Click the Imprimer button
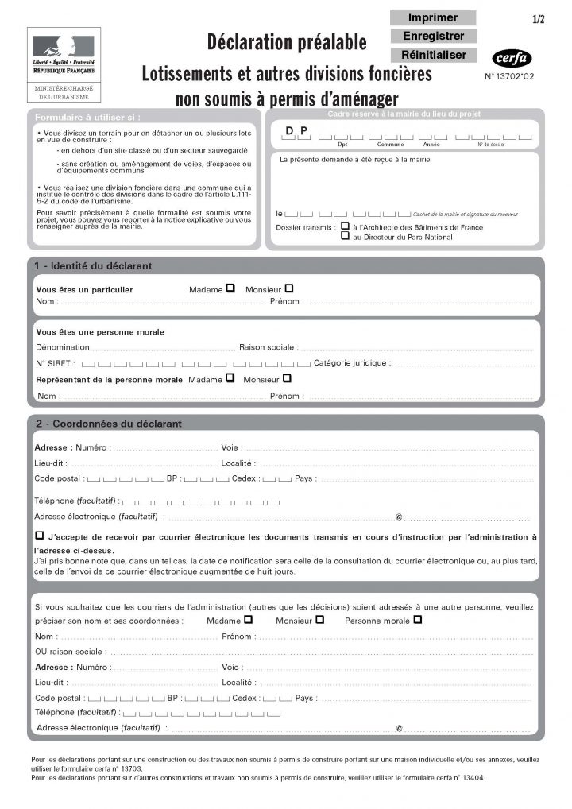click(433, 17)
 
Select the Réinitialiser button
click(433, 55)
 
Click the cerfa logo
click(512, 58)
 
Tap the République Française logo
click(63, 53)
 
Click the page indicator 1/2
click(539, 19)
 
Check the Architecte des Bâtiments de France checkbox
click(345, 226)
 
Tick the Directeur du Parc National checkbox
click(345, 237)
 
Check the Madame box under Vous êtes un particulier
click(230, 288)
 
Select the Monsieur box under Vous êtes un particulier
click(289, 288)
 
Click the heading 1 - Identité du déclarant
click(94, 265)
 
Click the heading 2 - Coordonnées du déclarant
click(108, 424)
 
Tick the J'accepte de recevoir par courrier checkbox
click(40, 536)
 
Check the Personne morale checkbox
click(418, 619)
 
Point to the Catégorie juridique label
click(352, 363)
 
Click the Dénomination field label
click(63, 347)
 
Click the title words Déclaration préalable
click(287, 42)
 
